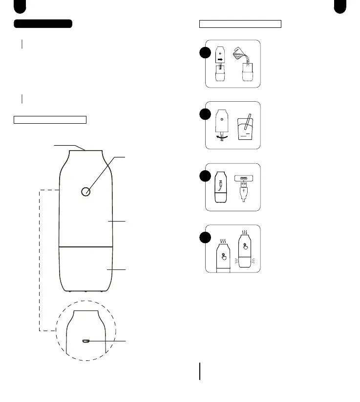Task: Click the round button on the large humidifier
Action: [86, 191]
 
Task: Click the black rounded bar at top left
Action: [43, 23]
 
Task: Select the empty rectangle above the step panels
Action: [240, 23]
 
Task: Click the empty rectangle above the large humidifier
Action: [50, 119]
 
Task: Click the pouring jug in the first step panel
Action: [241, 53]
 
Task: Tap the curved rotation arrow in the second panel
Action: [221, 138]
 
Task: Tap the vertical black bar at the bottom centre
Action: [199, 371]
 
